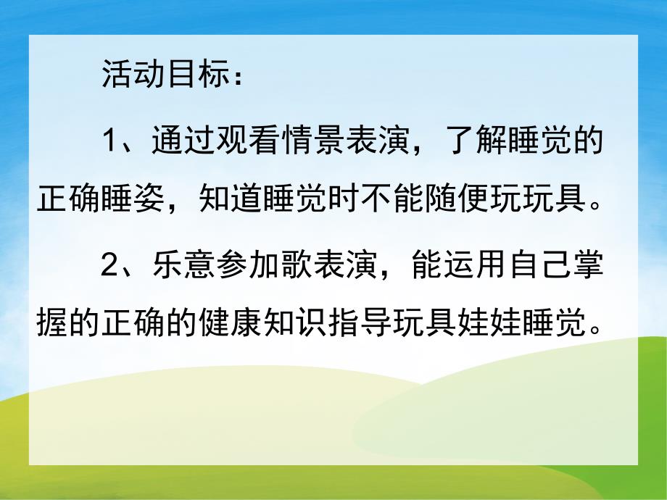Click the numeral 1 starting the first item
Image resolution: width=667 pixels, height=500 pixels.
click(x=109, y=141)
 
